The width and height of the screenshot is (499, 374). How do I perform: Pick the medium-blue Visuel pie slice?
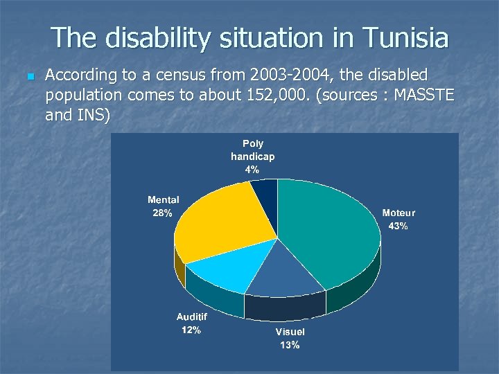pos(284,274)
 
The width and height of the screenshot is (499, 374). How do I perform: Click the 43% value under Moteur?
pos(398,226)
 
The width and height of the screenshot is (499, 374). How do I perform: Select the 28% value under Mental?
pos(163,213)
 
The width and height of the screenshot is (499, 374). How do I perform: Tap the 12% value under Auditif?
pos(191,330)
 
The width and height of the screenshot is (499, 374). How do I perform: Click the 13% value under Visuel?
pos(290,346)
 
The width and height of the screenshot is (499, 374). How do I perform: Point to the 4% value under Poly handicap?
pos(252,169)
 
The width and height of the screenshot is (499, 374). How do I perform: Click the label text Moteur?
pos(399,213)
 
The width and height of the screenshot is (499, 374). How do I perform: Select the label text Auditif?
pos(191,317)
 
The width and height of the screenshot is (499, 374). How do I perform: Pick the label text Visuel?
pos(290,332)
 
